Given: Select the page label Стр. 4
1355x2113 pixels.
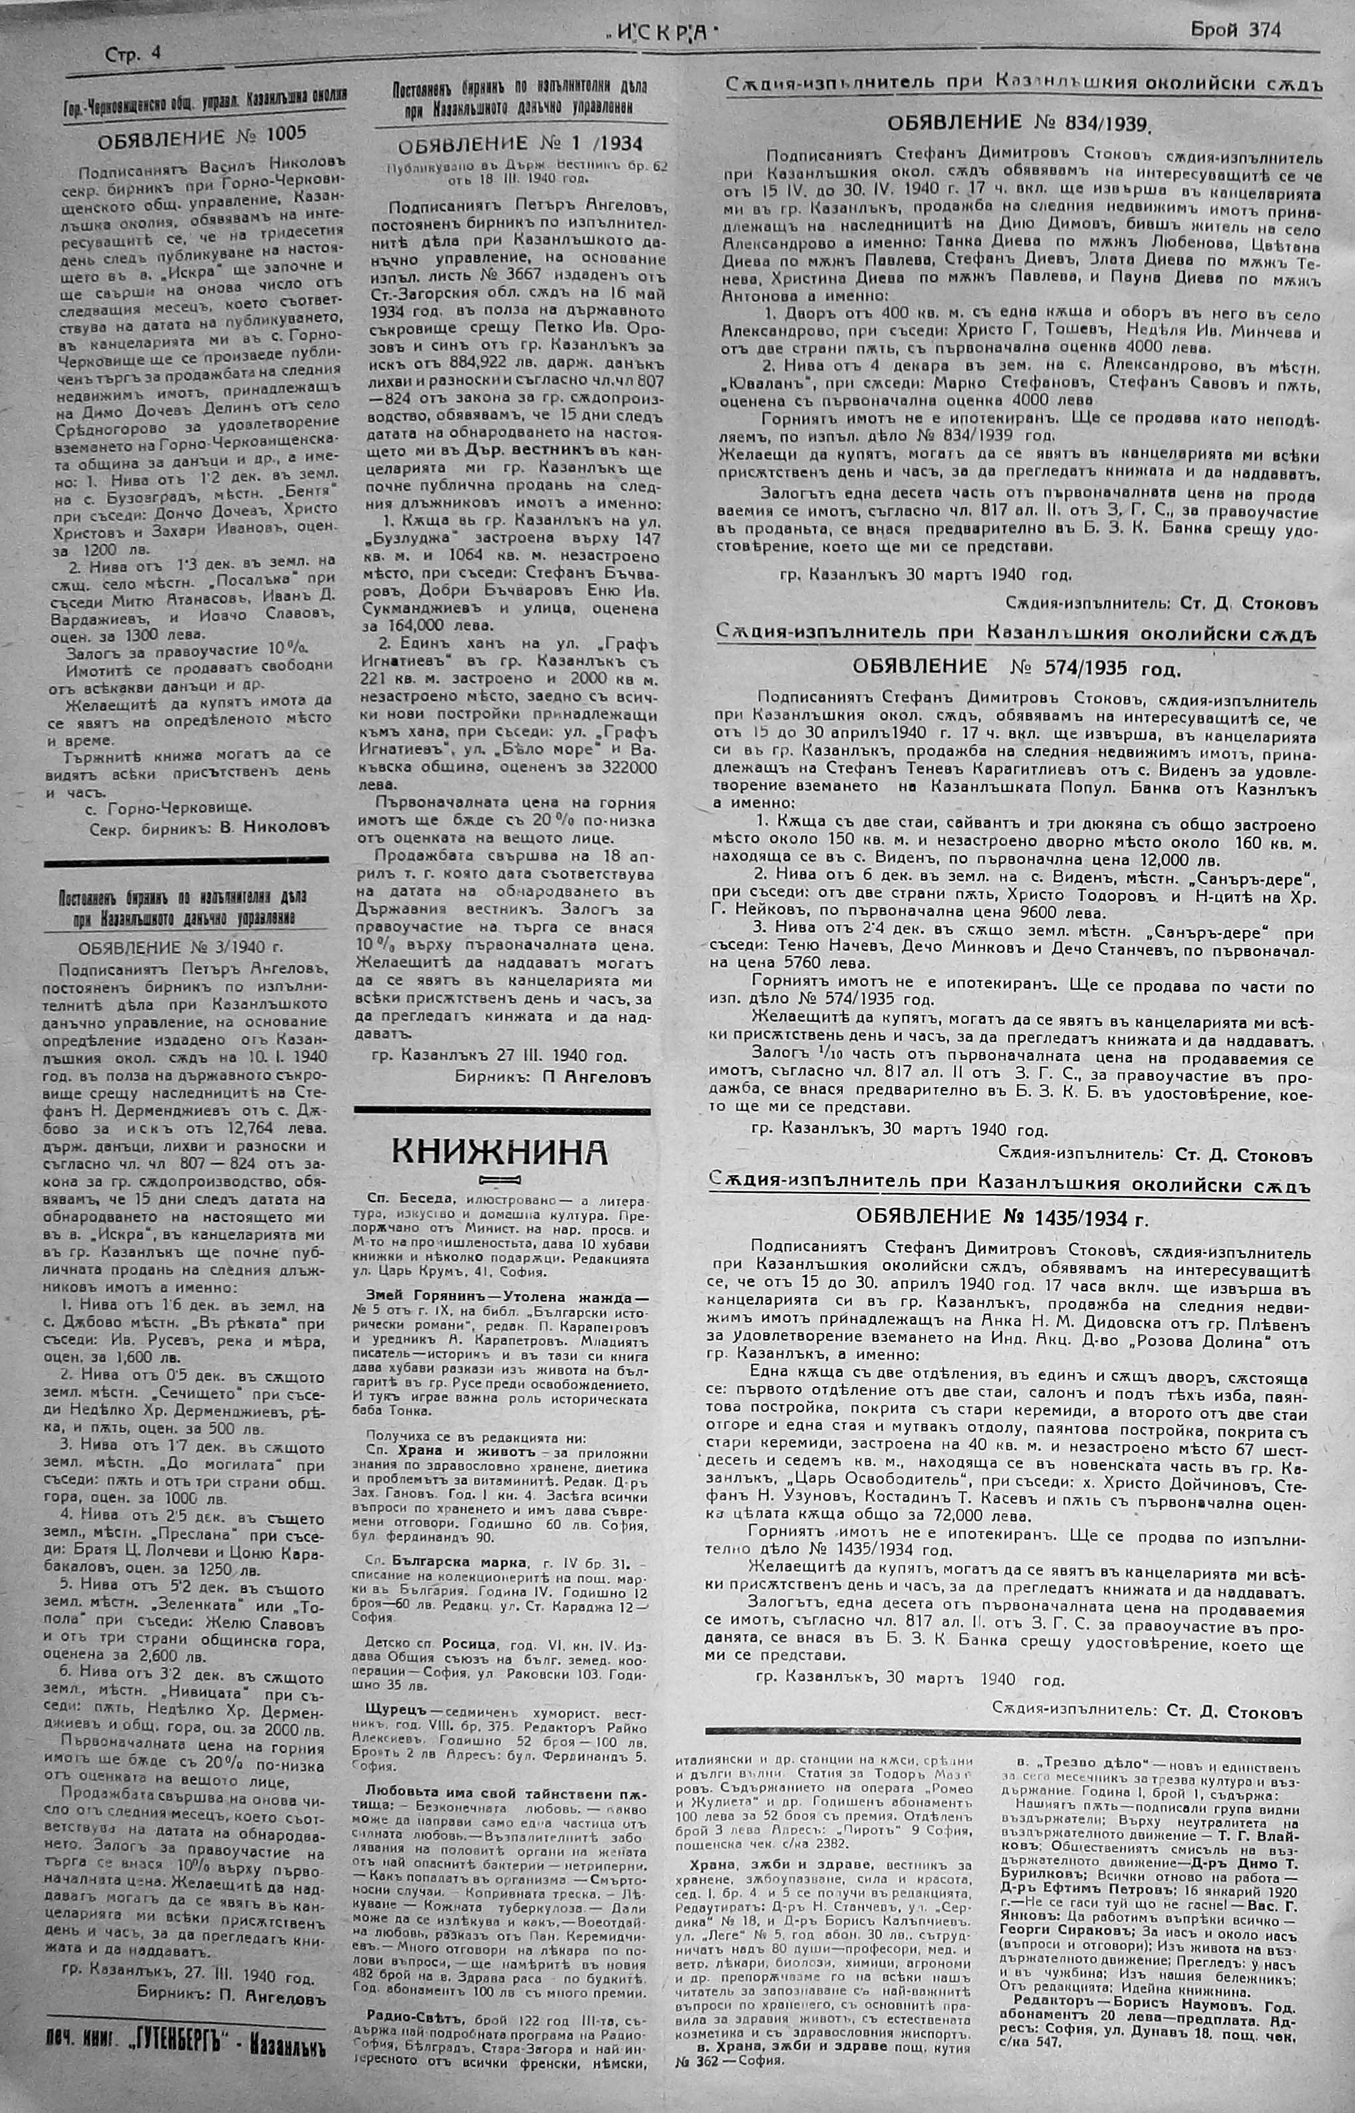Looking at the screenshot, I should coord(133,54).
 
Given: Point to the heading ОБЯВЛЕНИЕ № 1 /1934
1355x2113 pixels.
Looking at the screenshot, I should coord(520,144).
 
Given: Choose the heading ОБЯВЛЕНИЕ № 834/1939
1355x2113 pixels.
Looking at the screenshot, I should coord(1018,122).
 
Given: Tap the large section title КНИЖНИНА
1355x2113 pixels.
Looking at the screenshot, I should coord(499,1150).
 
